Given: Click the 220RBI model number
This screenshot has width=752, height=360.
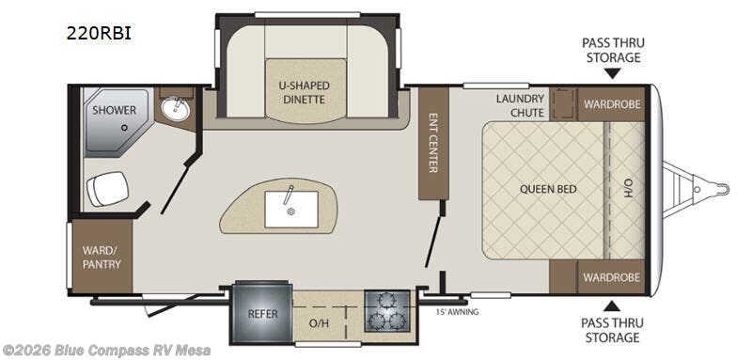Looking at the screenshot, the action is [99, 34].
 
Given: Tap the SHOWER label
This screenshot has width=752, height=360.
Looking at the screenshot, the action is [114, 110].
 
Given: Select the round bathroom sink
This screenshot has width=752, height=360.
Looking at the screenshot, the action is [176, 109].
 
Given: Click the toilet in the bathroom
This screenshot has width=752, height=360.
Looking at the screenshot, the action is [107, 188].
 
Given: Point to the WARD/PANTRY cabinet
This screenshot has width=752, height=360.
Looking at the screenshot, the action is [102, 257].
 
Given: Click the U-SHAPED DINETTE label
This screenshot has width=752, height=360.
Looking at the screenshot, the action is [305, 92].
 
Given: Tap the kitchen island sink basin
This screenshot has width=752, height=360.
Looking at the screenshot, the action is [291, 209].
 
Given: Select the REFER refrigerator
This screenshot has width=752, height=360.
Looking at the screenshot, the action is [262, 313].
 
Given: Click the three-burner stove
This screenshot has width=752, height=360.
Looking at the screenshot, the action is [387, 311].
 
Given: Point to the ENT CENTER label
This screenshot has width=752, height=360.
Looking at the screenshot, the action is [433, 143].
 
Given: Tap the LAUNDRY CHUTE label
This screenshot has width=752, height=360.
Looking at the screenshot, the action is [521, 105].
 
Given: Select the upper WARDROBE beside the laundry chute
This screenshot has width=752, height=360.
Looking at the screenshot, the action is [612, 104].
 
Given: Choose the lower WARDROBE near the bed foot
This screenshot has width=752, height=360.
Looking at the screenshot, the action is [612, 277].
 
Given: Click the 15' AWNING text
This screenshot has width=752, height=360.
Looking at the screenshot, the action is [458, 313].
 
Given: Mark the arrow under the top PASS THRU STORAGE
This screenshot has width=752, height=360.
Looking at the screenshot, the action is [613, 73].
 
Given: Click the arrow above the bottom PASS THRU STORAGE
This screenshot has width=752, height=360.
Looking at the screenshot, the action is [612, 305].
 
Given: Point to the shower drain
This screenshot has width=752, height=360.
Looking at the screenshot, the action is [124, 128].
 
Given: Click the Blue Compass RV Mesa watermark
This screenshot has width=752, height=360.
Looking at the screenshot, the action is [106, 351].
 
